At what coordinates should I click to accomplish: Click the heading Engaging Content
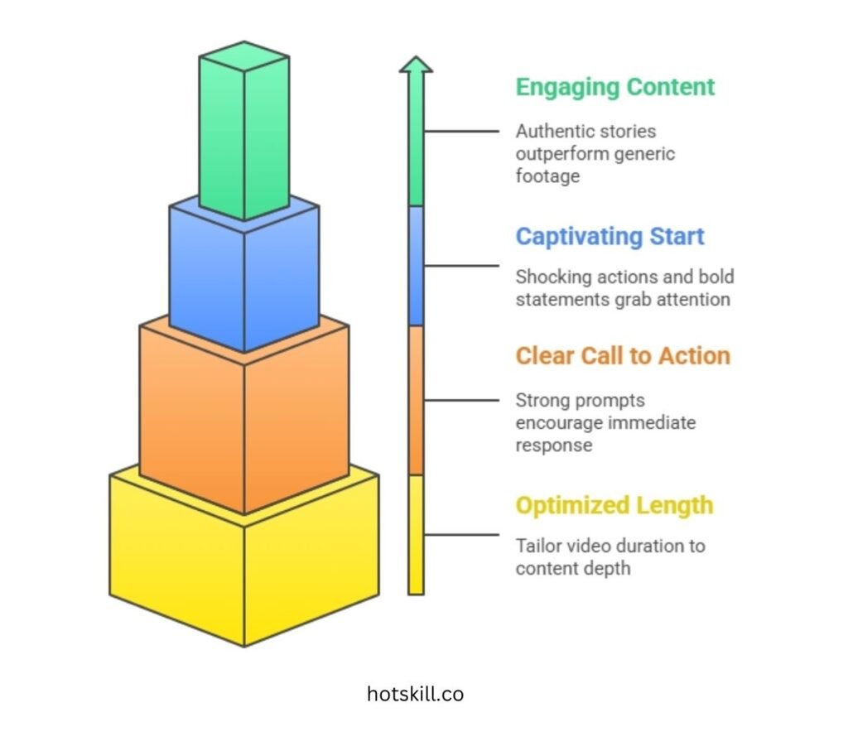tap(614, 87)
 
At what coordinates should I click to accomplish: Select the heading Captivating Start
tap(609, 236)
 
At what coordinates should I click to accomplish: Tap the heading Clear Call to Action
tap(623, 356)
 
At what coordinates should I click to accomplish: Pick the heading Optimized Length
tap(614, 505)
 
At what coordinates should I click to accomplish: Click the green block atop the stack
tap(244, 132)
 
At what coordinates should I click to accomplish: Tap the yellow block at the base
tap(244, 563)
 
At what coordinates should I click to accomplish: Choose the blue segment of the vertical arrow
tap(416, 265)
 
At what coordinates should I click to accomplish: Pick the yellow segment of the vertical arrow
tap(416, 534)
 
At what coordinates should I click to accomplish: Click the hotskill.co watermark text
tap(415, 694)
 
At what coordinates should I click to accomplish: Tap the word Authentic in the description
tap(552, 131)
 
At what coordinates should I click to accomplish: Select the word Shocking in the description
tap(548, 277)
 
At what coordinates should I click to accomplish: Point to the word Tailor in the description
tap(537, 546)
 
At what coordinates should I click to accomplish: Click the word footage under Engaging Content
tap(547, 176)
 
